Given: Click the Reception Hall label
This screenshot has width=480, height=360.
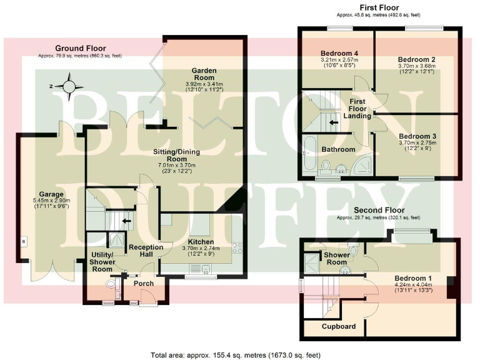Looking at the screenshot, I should coord(146,251).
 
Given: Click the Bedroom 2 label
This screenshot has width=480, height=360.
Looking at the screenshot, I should coord(416,59).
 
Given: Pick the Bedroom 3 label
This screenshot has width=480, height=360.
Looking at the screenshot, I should coord(416,136).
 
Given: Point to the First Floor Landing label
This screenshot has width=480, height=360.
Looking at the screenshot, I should coord(357,109).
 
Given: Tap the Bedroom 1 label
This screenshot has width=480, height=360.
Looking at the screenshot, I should coord(412,278).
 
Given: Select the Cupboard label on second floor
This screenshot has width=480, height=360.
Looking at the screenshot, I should coord(339,326).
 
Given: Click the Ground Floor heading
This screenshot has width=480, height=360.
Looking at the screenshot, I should coord(80,48).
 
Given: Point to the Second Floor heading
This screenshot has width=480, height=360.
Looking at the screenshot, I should coord(379,210).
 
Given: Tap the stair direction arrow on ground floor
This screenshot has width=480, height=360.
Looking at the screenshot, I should coord(127,220).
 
